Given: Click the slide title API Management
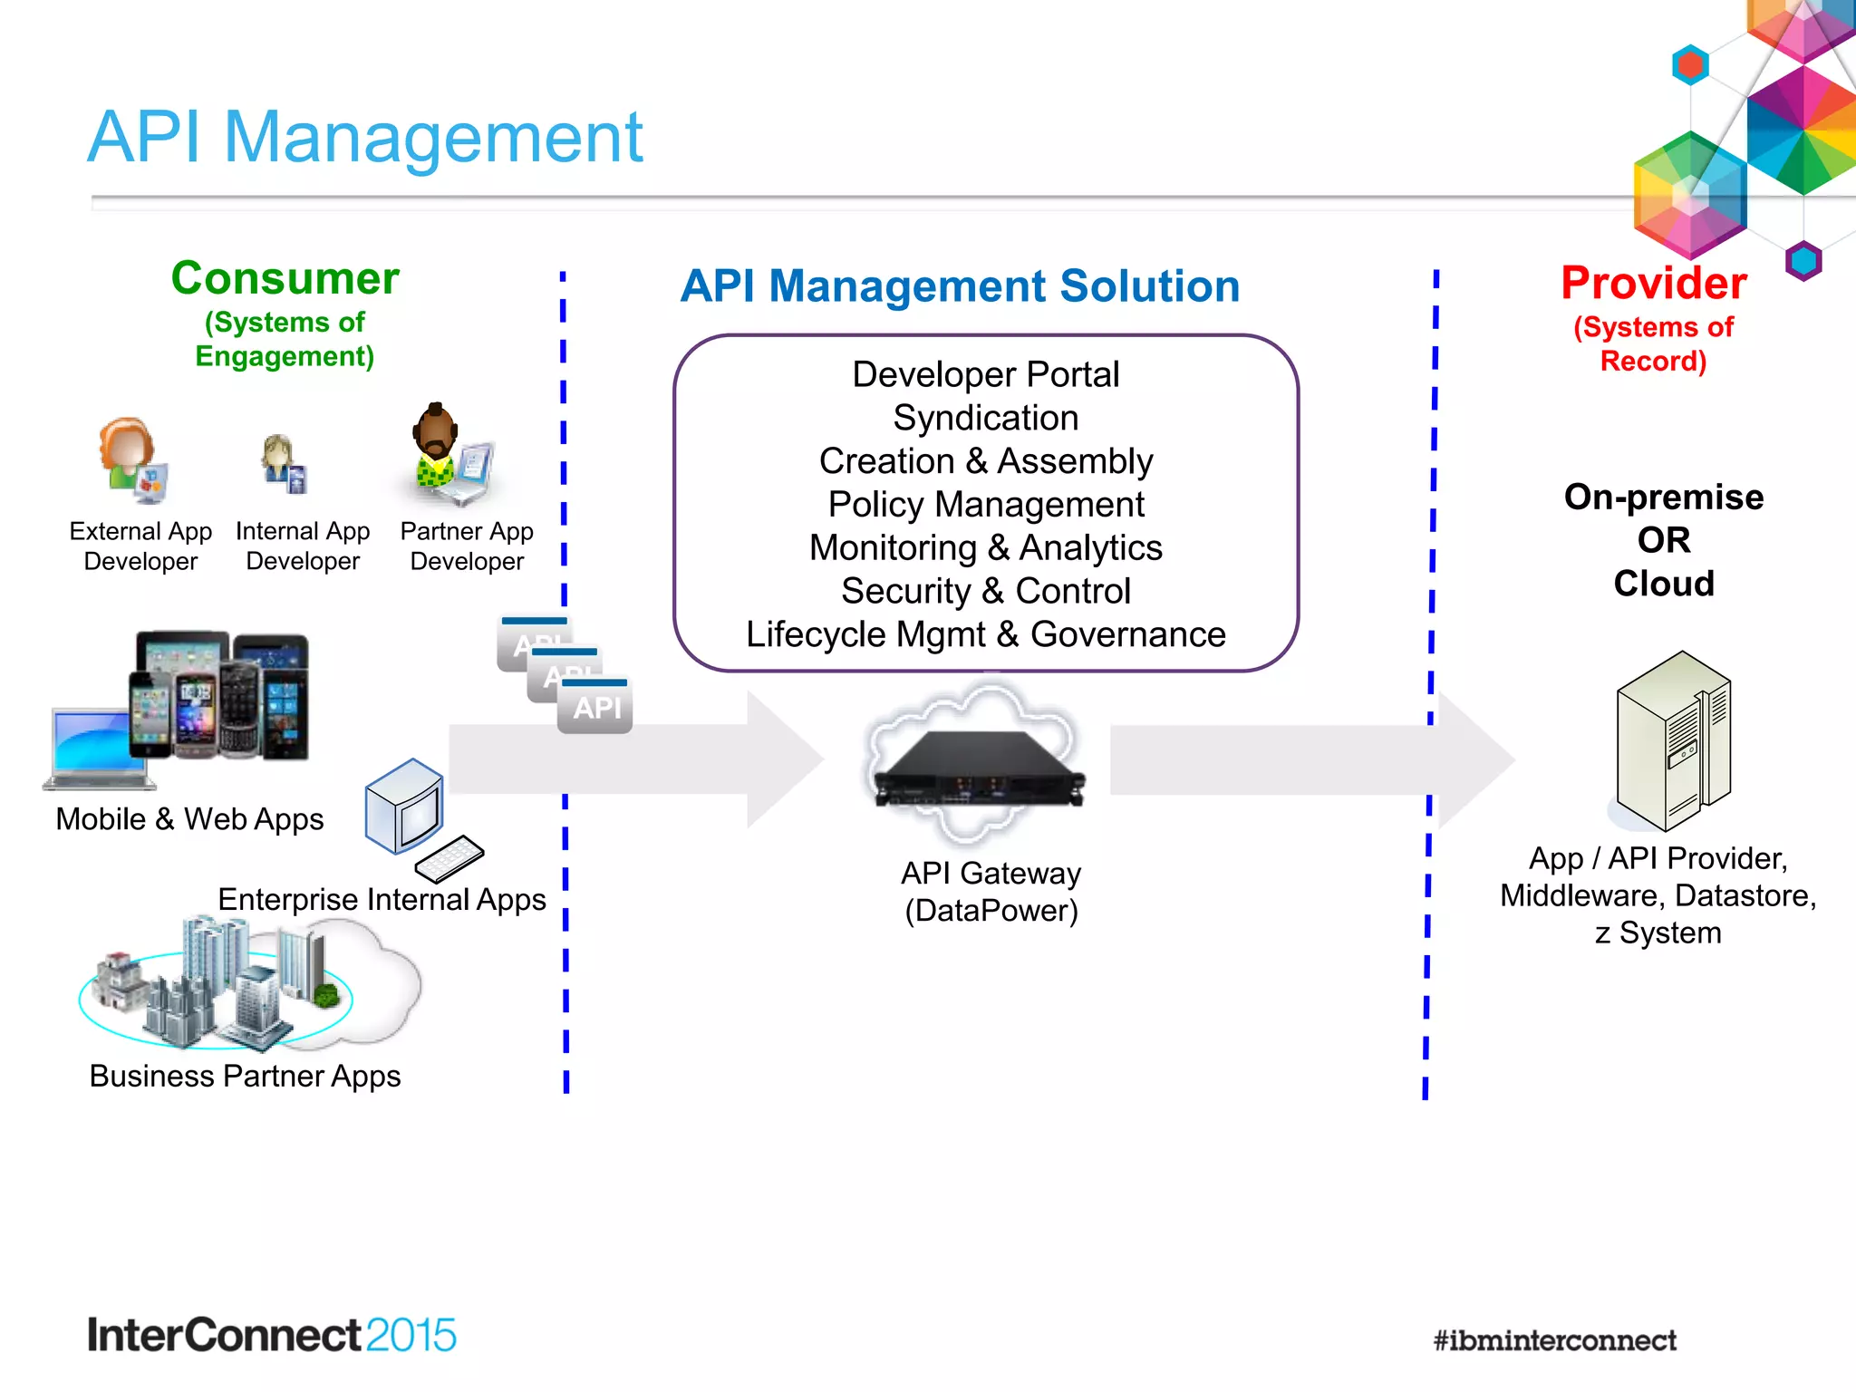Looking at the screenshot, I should pyautogui.click(x=364, y=138).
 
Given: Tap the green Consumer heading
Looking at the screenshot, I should pyautogui.click(x=285, y=278).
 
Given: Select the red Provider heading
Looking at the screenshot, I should pyautogui.click(x=1653, y=283).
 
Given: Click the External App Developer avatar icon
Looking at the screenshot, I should pyautogui.click(x=131, y=459).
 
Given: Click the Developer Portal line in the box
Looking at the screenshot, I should pyautogui.click(x=985, y=374).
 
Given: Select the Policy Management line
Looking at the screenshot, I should pyautogui.click(x=985, y=505).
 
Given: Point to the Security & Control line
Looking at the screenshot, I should pyautogui.click(x=985, y=591).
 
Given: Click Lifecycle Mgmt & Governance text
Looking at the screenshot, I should pyautogui.click(x=985, y=634).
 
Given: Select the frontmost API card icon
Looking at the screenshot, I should pyautogui.click(x=595, y=706).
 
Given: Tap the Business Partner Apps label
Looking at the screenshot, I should pyautogui.click(x=245, y=1076).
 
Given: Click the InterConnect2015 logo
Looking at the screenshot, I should pyautogui.click(x=271, y=1335).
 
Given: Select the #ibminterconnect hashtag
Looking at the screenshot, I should pyautogui.click(x=1554, y=1340).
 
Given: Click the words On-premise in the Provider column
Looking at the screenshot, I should pyautogui.click(x=1663, y=497).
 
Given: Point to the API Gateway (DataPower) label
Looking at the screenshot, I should pyautogui.click(x=991, y=892).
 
